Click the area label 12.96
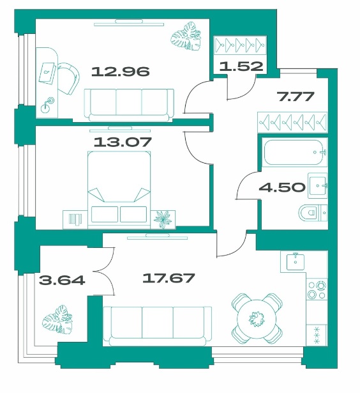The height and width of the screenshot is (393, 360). [121, 72]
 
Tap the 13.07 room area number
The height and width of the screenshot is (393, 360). [123, 142]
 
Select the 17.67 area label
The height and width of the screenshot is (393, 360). [169, 278]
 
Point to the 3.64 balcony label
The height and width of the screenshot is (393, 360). [62, 280]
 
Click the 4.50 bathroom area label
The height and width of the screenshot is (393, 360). [282, 187]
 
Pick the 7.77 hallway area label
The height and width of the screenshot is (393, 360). [295, 96]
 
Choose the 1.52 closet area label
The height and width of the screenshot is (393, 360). [241, 66]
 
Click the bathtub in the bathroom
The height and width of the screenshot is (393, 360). [295, 152]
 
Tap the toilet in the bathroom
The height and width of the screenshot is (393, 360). [313, 213]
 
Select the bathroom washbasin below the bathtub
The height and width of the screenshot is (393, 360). [317, 185]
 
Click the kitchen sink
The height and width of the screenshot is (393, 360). [296, 261]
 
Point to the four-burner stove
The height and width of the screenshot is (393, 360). [317, 289]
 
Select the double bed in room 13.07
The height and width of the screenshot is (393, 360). [119, 190]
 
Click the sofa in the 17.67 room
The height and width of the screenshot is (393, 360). [158, 326]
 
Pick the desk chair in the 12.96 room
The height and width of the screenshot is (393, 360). [68, 79]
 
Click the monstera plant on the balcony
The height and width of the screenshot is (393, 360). [57, 320]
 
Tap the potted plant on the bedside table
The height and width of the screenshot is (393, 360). [163, 219]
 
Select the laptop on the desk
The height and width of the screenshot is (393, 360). [47, 73]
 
